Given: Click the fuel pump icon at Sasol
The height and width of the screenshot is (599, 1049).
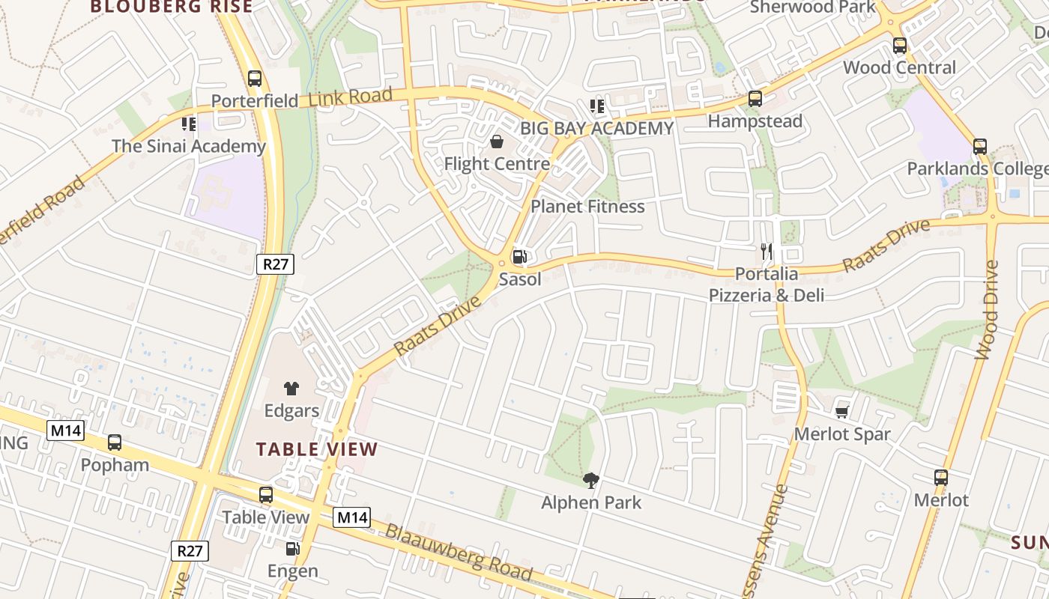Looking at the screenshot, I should [519, 257].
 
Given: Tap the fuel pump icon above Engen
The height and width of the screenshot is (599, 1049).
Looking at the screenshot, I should [293, 549].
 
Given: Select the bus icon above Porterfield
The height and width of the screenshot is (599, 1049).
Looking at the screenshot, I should [255, 78].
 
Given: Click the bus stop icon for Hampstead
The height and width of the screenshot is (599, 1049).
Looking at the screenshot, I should [755, 99].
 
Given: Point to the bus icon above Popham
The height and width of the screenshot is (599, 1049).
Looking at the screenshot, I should [115, 443].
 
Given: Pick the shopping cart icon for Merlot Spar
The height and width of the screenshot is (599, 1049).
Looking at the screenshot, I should [842, 411].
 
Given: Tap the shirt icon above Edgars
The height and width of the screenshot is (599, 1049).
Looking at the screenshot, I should [291, 388].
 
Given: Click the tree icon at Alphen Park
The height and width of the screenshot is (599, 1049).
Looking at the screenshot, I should [591, 480].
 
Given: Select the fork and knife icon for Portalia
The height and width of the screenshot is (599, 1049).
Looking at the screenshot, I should [767, 252].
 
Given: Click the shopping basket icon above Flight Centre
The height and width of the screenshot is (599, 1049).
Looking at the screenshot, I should [497, 142].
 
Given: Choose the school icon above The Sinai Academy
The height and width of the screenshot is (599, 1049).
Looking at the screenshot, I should [189, 124].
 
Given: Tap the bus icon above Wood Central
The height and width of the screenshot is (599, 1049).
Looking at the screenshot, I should [900, 46].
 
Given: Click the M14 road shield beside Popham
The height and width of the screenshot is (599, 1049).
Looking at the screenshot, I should [66, 431].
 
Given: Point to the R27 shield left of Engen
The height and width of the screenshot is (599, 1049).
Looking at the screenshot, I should [190, 551].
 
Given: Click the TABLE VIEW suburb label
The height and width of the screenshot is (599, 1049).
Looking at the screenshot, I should [317, 449].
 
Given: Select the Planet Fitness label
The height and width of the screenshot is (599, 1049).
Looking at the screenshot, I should [587, 206].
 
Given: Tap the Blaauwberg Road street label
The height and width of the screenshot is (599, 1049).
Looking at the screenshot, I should [459, 553].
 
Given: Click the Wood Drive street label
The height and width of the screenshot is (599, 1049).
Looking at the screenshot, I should [987, 310].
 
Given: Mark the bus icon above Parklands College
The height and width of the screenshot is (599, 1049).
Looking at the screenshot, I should [980, 147].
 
